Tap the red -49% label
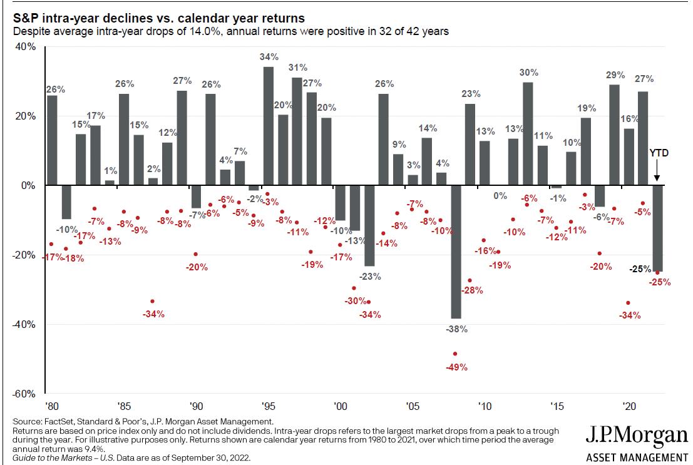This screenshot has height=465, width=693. click(456, 367)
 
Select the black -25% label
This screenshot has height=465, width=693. click(639, 269)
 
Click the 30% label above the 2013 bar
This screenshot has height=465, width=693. click(528, 72)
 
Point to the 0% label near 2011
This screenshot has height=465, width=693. click(500, 196)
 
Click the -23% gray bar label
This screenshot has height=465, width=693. click(369, 276)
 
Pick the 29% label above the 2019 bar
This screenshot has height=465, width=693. click(615, 75)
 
